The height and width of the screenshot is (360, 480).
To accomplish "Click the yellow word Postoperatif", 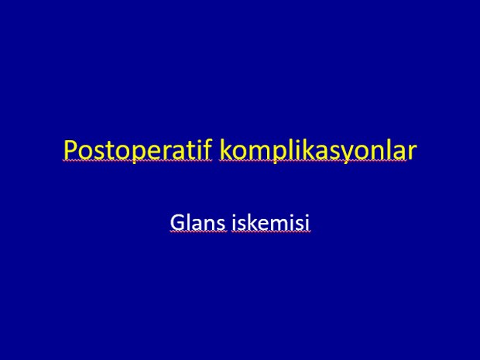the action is point(138,150).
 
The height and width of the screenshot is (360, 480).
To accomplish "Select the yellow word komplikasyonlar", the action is point(318,150).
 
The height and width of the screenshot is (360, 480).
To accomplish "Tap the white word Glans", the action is point(198,222).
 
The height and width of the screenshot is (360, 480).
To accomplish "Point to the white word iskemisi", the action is point(271,222).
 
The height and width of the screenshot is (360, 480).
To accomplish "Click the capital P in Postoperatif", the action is point(70,150).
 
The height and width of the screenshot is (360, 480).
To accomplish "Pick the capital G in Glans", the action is point(177,222).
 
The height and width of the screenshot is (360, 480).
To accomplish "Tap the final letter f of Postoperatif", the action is point(207,149).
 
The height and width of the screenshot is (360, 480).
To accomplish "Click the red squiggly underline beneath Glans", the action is point(198,232).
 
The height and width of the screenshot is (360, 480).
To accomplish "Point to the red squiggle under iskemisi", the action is point(271,232).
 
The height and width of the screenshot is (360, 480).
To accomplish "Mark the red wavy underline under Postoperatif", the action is point(138,160).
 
